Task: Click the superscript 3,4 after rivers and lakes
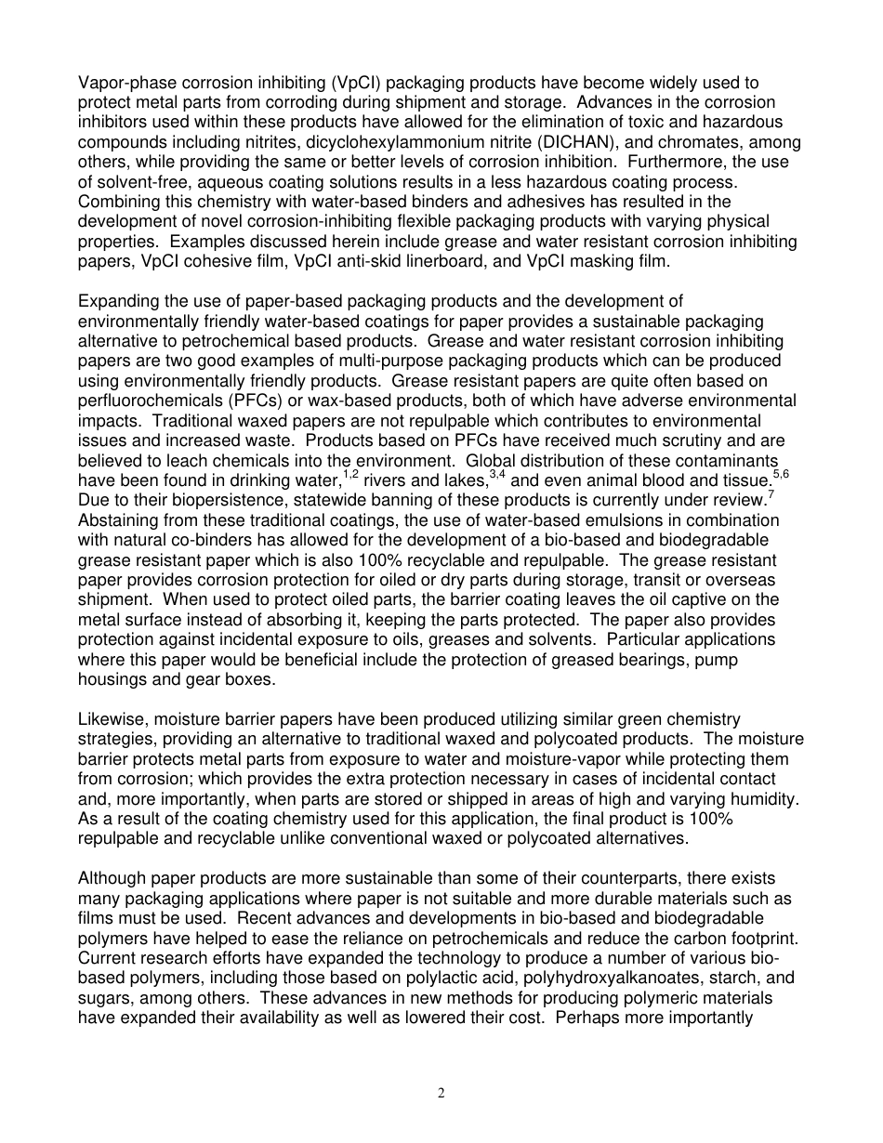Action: click(x=496, y=475)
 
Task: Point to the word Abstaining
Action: click(x=120, y=520)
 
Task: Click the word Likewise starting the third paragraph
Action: click(x=112, y=720)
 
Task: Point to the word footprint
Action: click(x=770, y=939)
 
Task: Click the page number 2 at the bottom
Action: click(x=441, y=1094)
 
